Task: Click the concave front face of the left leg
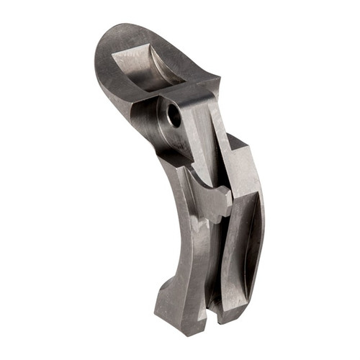tap(184, 245)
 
